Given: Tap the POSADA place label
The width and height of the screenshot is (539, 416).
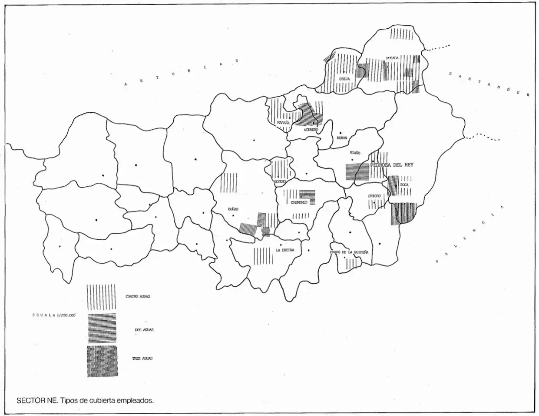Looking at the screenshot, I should click(392, 58).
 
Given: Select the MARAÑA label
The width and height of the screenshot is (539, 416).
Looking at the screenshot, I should click(283, 123).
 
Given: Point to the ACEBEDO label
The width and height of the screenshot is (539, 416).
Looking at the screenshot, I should click(311, 130).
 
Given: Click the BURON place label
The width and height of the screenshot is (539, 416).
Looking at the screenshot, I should click(342, 138).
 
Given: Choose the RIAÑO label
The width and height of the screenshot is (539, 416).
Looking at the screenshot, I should click(355, 153).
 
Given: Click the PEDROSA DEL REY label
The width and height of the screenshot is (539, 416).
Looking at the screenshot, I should click(392, 165).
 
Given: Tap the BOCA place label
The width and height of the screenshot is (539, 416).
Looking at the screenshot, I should click(404, 185).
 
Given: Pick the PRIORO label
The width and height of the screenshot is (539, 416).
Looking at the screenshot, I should click(374, 196).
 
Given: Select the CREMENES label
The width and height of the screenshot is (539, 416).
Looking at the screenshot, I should click(299, 202).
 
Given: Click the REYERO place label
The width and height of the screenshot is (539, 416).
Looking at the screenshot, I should click(279, 181).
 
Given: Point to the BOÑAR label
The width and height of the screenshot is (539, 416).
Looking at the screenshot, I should click(233, 209).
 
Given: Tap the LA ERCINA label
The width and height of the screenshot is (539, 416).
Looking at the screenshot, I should click(285, 250).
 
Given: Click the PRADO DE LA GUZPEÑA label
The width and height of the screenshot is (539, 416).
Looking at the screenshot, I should click(349, 252).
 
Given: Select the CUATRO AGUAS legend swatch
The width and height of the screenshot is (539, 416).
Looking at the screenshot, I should click(101, 297).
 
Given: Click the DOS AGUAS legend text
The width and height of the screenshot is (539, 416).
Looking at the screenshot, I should click(144, 330).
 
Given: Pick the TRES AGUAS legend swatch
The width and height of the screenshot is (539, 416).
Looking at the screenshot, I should click(102, 361).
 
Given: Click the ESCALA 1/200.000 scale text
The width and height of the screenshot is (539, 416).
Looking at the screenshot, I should click(53, 315).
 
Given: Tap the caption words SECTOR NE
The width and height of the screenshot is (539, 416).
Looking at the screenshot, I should click(36, 400).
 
